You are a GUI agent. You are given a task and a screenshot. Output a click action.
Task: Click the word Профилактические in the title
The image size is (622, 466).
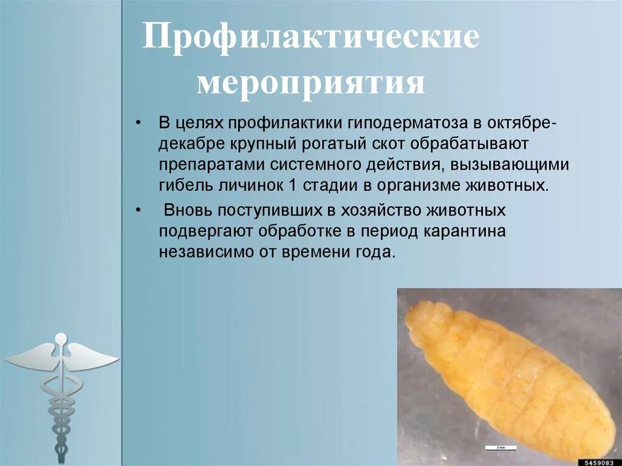click(x=310, y=41)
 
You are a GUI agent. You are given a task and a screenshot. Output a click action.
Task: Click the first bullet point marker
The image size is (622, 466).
click(x=139, y=123)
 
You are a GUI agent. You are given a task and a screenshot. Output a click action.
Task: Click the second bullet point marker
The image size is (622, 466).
click(x=139, y=211)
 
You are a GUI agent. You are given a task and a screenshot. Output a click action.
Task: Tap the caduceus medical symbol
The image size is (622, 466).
click(x=60, y=389)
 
